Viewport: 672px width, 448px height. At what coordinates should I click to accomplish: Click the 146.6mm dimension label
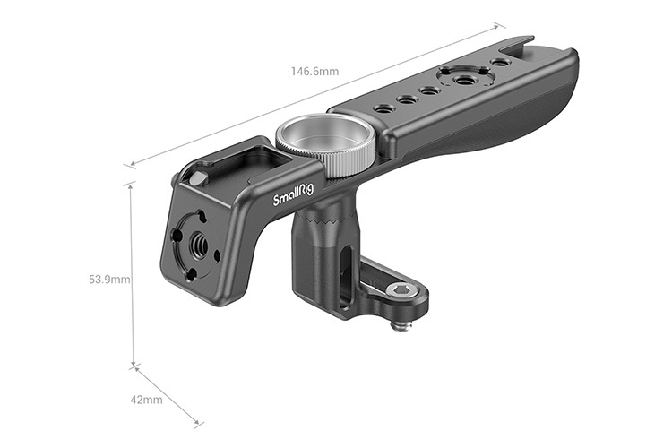coord(314,71)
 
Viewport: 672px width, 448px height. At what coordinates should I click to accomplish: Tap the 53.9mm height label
coord(109,280)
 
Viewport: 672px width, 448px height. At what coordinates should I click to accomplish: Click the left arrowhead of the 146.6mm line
coord(128,165)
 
